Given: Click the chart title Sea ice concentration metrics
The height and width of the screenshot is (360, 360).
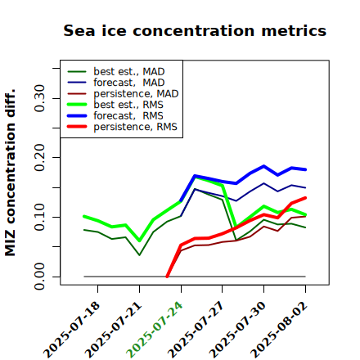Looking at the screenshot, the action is pos(195,30).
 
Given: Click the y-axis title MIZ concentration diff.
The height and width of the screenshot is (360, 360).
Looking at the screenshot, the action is pos(11,173).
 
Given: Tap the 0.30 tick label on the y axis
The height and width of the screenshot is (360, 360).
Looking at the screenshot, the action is pos(40,98).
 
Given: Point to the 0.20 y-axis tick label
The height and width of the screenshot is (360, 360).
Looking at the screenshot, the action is pos(40,158).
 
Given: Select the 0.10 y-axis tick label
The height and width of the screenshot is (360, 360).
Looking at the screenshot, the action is pos(40,217).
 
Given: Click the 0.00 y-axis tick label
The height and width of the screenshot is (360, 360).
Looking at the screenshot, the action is pos(40,277).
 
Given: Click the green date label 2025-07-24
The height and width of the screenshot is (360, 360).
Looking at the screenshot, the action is pos(155,330).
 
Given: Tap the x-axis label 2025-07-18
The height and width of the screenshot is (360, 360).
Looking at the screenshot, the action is pos(72,330).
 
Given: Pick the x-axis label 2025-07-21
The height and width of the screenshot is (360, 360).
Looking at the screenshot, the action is pos(114,330).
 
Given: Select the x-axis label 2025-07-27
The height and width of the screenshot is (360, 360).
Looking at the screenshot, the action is pos(196,330).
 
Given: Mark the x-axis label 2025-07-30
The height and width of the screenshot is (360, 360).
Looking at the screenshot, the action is pos(237,330).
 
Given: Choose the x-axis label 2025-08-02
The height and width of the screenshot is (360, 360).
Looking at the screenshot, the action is pos(279,330).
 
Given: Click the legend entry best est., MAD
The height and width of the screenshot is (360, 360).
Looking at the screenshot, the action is pos(116,72).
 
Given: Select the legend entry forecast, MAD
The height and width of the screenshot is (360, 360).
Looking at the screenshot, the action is pos(116,83).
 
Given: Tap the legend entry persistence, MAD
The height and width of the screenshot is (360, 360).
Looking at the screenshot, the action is pos(123,94).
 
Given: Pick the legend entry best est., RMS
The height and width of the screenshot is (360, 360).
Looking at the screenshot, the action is pos(115,105).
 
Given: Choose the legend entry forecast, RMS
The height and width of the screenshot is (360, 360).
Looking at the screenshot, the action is pos(115,115).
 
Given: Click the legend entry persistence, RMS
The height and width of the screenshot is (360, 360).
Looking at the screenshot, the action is pos(122,127).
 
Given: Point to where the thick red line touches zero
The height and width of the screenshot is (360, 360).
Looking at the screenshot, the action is pos(167,277).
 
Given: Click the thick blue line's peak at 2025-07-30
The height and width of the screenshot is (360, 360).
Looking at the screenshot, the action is pos(263,166).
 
